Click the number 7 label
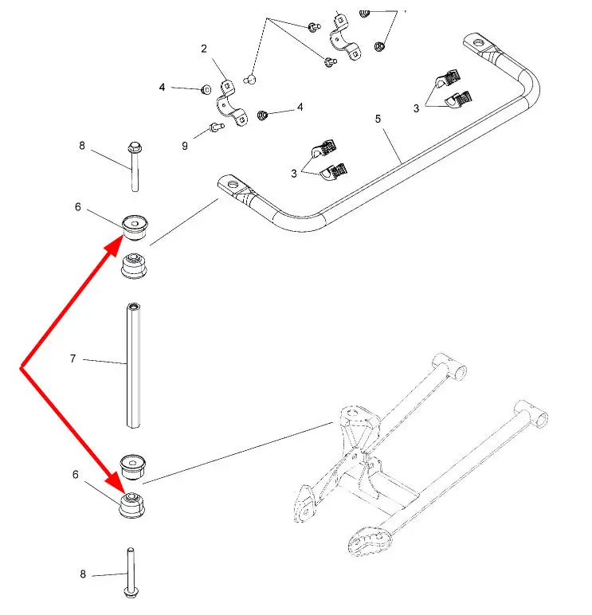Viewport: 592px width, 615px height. (73, 359)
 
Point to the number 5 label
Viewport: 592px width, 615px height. (378, 119)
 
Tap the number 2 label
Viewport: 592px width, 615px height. (203, 49)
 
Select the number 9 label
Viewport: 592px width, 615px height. (185, 146)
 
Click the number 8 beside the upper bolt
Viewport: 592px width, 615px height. (81, 145)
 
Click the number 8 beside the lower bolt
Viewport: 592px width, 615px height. (81, 574)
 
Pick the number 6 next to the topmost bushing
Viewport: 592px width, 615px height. (77, 207)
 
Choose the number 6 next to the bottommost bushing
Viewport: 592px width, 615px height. (76, 474)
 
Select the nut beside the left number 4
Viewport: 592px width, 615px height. (205, 88)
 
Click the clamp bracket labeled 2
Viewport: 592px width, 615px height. (231, 106)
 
